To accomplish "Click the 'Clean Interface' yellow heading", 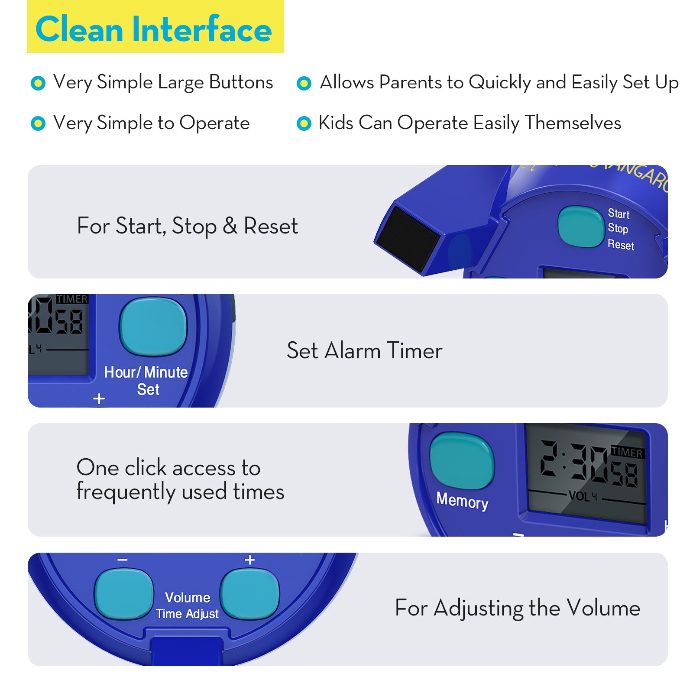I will (x=154, y=29).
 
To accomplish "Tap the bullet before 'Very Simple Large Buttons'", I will (x=38, y=83).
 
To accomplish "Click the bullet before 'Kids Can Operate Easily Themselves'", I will (x=304, y=123).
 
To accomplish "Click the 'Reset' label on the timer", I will (x=620, y=245).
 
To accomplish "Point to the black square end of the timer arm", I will (x=408, y=239).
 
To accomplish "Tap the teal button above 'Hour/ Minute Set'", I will (x=153, y=327).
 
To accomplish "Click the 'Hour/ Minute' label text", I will (x=146, y=372).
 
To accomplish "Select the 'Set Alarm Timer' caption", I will (x=364, y=350).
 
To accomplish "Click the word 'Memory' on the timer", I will (x=462, y=501).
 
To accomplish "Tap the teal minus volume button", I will (x=124, y=593).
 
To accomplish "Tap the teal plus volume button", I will (x=249, y=593).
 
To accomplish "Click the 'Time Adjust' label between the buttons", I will (x=187, y=614).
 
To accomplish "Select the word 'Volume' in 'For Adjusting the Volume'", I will (x=603, y=608).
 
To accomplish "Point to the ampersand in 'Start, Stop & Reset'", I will (x=230, y=226).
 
